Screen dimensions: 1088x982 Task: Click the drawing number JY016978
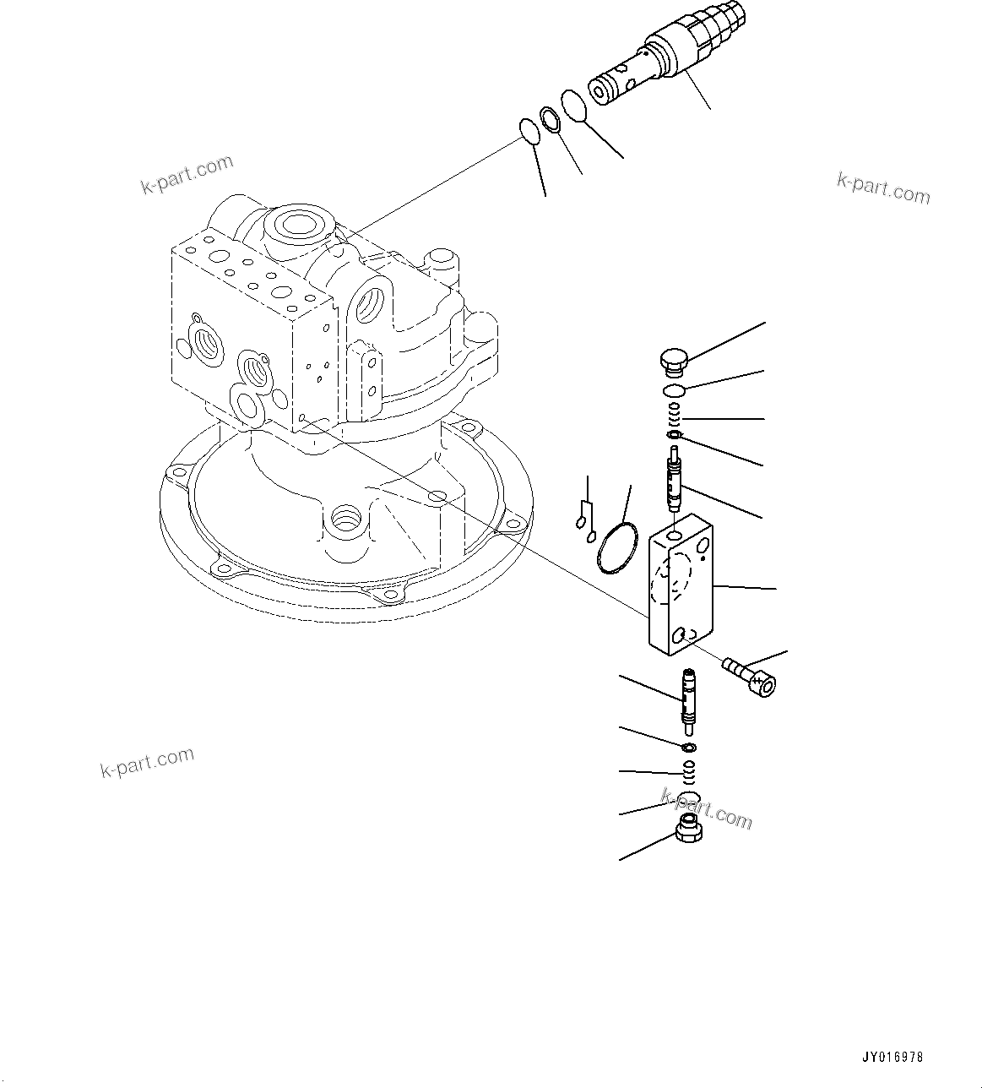click(892, 1057)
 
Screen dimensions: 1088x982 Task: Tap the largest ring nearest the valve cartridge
click(573, 106)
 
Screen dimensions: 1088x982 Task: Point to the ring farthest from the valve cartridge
click(529, 132)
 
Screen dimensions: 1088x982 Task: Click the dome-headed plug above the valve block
click(673, 361)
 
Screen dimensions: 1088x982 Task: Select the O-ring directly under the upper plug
click(673, 390)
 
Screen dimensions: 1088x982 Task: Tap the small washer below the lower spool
click(689, 748)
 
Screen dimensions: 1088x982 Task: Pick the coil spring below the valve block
click(689, 770)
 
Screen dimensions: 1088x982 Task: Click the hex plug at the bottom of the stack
click(689, 830)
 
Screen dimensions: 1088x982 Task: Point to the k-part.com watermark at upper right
click(883, 189)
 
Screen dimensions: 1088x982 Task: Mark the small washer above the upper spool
click(673, 435)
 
